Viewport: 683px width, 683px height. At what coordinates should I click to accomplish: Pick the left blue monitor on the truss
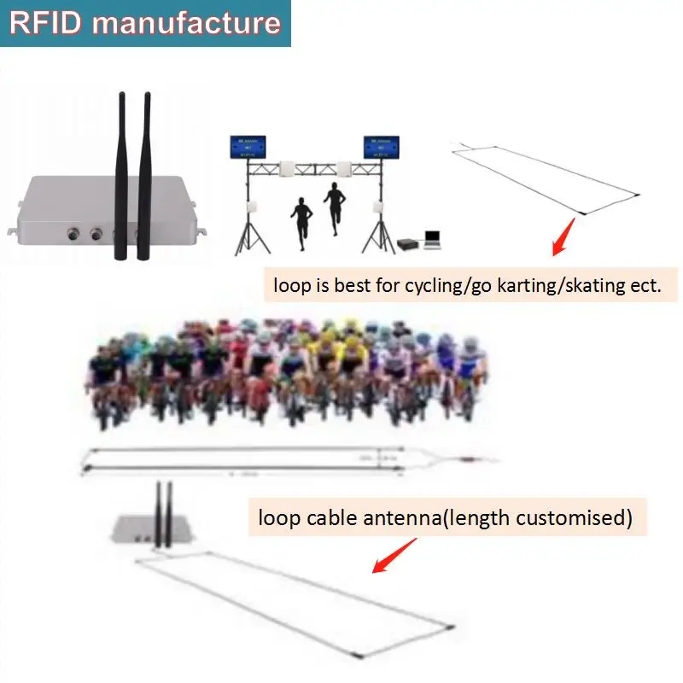coord(247,148)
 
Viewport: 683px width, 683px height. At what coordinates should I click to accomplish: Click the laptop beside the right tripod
coord(432,240)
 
